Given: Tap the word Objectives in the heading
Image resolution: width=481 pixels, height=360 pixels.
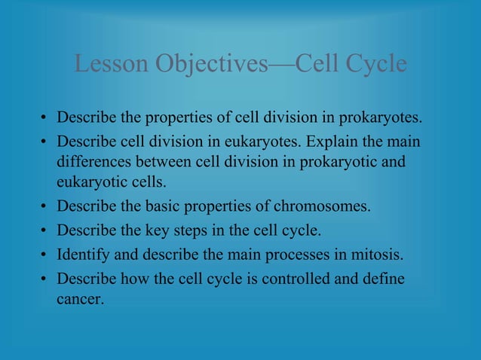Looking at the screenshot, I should click(x=211, y=64).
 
